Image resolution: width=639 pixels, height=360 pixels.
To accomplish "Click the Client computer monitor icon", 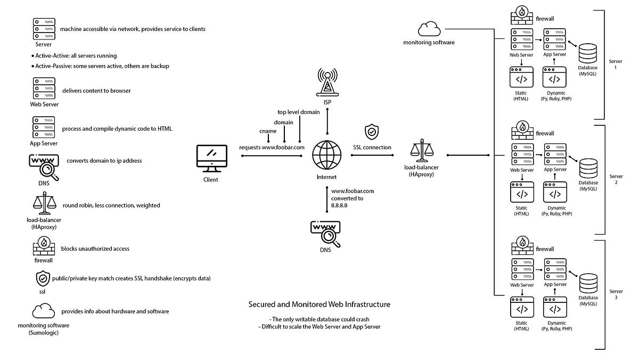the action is (212, 158).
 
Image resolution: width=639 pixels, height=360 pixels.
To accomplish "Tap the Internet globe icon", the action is (326, 155).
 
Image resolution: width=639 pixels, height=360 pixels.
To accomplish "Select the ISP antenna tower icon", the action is (327, 82).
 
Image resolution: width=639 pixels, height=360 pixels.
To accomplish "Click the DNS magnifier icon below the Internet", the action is (325, 234).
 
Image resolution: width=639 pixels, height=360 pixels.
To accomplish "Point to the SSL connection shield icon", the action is (372, 132).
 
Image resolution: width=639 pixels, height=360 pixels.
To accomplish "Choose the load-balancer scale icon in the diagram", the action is (422, 150).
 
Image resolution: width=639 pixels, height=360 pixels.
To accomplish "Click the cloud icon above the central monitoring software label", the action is (429, 29).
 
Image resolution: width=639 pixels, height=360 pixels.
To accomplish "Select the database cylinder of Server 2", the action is (588, 169).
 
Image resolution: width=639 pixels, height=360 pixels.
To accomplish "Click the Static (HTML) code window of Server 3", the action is (522, 307).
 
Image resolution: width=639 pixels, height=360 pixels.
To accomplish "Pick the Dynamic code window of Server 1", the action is (554, 77).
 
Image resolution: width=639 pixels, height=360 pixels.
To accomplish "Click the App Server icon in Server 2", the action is (555, 155).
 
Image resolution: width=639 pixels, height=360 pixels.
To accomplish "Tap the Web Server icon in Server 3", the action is (522, 270).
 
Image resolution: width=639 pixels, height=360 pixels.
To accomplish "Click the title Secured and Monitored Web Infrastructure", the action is (319, 305).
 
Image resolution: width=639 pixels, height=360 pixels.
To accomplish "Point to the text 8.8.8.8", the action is (339, 205).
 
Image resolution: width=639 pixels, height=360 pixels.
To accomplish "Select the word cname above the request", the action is (268, 131).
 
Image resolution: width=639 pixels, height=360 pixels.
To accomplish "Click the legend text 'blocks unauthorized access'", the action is (95, 249).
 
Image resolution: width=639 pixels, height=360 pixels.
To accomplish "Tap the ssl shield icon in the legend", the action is (43, 278).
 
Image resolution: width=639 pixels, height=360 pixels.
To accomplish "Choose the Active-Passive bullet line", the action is (100, 66).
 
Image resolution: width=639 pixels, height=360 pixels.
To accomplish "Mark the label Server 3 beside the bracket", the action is (616, 294).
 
